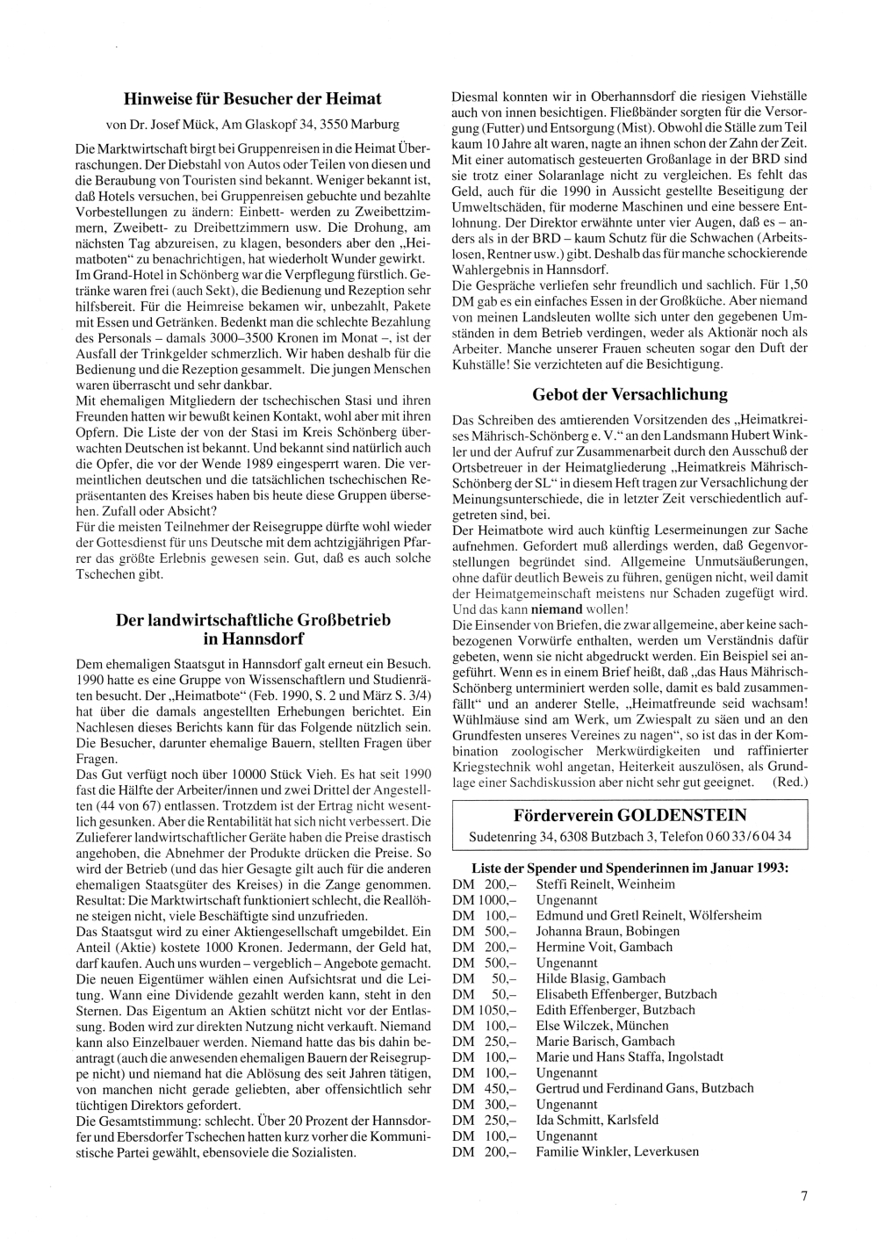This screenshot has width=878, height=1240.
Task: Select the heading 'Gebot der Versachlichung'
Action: tap(630, 394)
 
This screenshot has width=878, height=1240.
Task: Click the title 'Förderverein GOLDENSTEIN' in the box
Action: tap(630, 815)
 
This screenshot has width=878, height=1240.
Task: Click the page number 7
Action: tap(803, 1194)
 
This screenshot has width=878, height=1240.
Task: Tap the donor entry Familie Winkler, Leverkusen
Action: tap(617, 1150)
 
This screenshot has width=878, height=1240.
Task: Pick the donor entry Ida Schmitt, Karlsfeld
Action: tap(597, 1120)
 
